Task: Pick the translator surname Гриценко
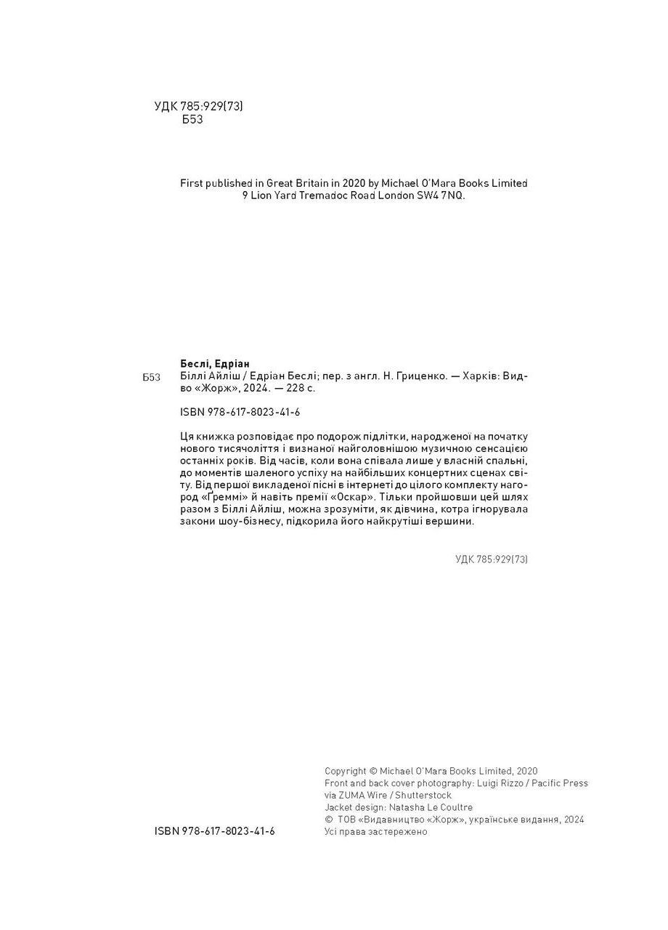[410, 376]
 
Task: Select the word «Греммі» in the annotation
[203, 497]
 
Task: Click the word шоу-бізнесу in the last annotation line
[248, 522]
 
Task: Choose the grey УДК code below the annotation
[491, 559]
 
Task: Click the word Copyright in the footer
[346, 771]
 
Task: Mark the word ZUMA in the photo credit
[353, 795]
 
